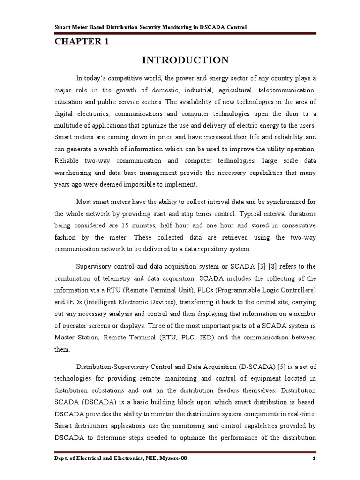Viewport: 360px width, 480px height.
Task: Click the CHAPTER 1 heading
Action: [82, 42]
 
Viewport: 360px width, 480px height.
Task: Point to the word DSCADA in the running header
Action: [210, 28]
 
